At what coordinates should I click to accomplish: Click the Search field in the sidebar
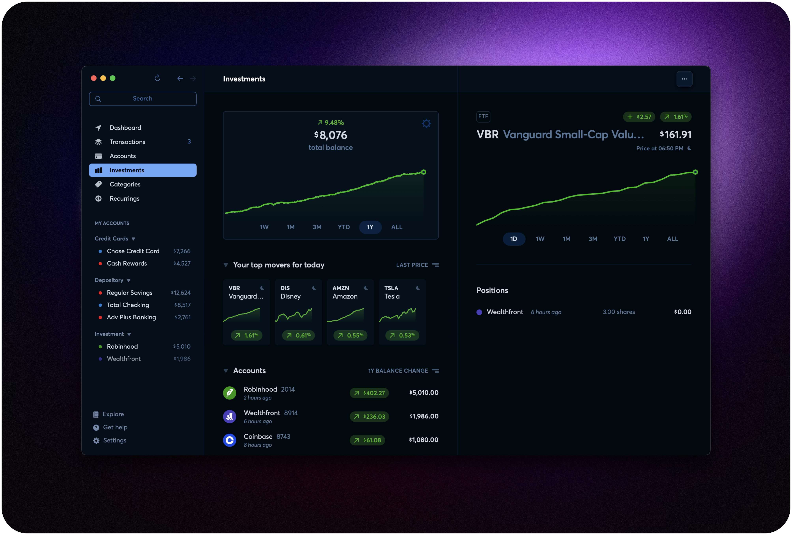(x=142, y=99)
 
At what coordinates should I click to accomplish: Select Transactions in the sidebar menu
(x=127, y=142)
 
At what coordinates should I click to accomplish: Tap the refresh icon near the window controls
(x=157, y=78)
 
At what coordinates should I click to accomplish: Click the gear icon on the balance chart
(x=426, y=123)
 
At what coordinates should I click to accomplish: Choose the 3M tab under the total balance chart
(x=317, y=227)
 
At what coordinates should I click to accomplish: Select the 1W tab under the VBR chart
(x=540, y=239)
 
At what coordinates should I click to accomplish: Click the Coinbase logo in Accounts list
(x=229, y=440)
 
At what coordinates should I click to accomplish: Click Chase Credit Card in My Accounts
(x=133, y=251)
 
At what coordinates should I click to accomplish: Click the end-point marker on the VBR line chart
(x=695, y=172)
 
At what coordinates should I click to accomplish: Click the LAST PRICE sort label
(x=412, y=265)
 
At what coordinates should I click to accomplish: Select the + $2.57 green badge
(x=639, y=117)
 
